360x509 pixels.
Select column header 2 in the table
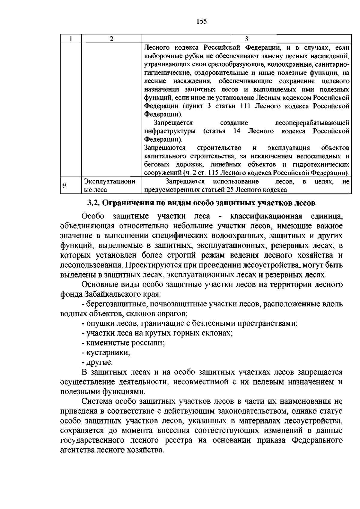(111, 39)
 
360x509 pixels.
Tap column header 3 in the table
(246, 39)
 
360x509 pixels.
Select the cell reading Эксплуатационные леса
(109, 185)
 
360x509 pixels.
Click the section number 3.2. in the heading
(94, 203)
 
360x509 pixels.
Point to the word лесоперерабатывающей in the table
(312, 123)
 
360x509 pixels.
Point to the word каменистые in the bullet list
(104, 343)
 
